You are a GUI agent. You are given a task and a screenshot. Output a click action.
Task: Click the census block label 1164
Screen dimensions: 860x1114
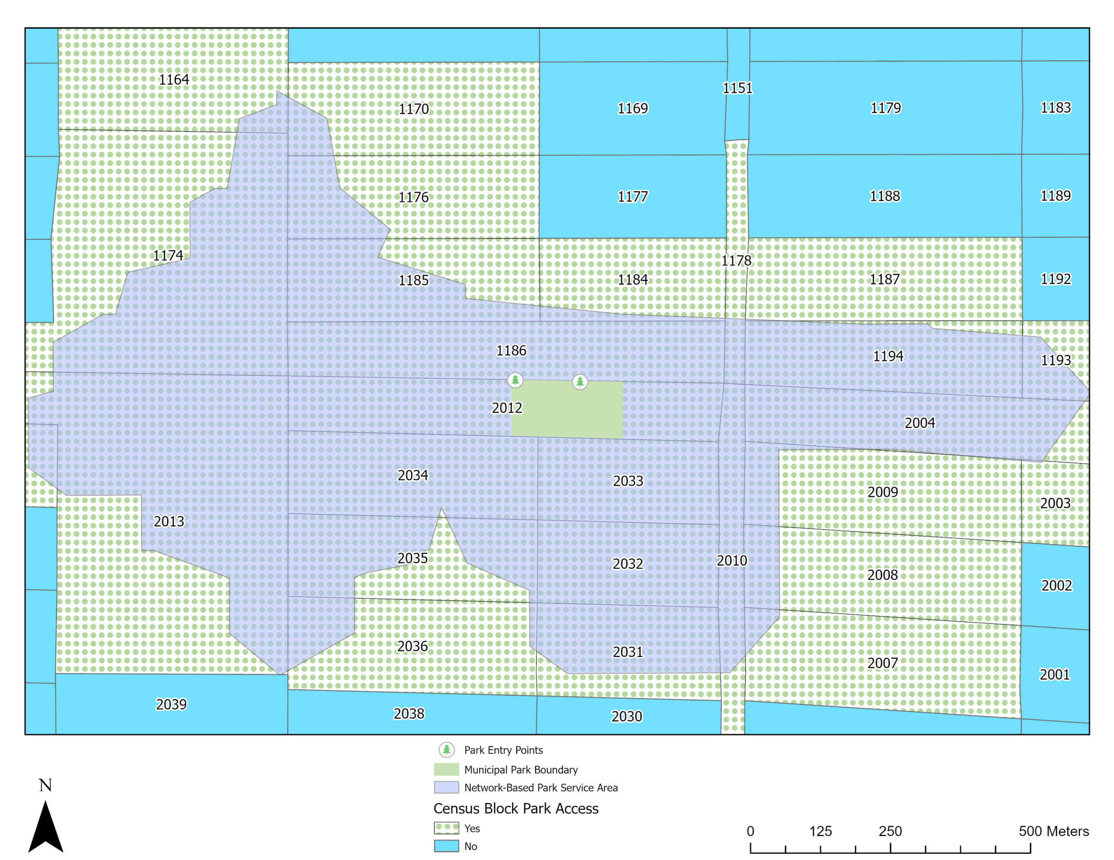(174, 80)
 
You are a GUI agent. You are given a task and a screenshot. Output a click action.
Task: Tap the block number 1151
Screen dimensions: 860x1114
(737, 88)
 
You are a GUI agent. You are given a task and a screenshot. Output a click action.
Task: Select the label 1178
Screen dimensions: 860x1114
(735, 260)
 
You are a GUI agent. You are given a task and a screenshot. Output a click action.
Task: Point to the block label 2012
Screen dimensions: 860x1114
(507, 408)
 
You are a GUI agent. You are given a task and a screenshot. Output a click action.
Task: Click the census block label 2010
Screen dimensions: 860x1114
(731, 560)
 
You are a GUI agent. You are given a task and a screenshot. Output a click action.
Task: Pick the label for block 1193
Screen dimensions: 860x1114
(1055, 360)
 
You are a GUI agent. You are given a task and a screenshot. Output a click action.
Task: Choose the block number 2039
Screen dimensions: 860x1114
(171, 704)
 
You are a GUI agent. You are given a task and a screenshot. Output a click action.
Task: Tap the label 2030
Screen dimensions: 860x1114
(626, 716)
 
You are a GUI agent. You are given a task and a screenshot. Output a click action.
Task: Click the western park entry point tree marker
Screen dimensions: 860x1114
(515, 380)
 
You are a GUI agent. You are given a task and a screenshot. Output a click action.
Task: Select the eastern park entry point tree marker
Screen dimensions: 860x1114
(580, 381)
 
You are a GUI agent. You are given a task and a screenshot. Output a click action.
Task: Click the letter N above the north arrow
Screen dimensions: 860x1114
(45, 785)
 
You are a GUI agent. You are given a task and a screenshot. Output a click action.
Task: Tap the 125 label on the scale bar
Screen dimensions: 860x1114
(820, 831)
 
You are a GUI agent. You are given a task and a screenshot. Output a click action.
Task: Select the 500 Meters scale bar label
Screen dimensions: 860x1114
(1054, 831)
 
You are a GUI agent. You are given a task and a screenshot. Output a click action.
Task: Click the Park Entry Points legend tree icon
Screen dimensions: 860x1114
(446, 750)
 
